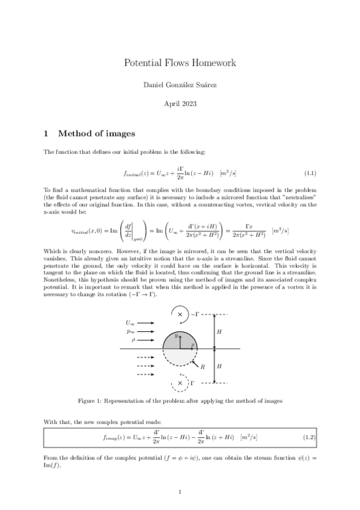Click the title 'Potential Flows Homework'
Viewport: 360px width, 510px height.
[x=180, y=63]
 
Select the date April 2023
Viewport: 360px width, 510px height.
[x=180, y=103]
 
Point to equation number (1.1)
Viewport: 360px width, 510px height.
[x=310, y=173]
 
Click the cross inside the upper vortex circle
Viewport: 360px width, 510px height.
[x=180, y=314]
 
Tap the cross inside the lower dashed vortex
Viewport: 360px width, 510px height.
[x=180, y=382]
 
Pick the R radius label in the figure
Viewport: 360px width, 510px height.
[x=202, y=367]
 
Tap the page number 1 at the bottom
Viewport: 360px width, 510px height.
[x=180, y=492]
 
